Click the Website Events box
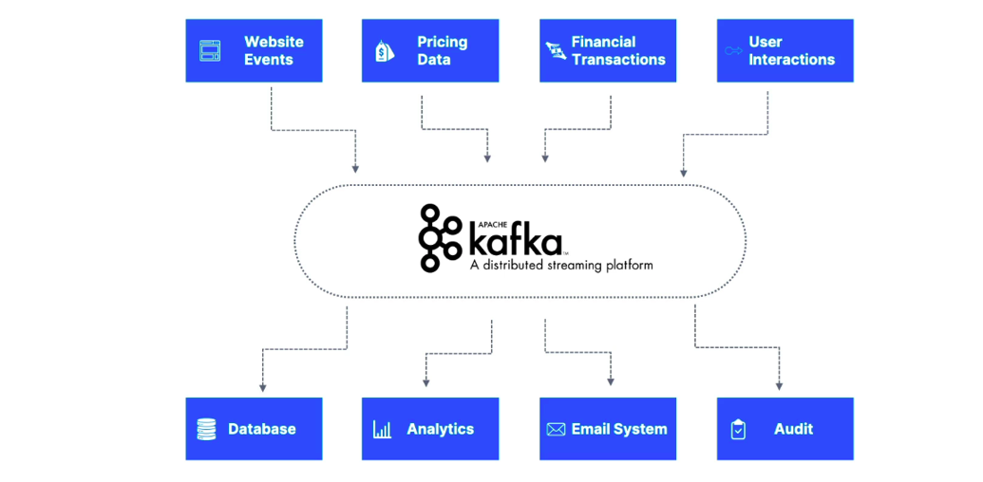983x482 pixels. click(254, 50)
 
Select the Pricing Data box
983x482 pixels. click(430, 50)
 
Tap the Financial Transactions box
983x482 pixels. click(608, 50)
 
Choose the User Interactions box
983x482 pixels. click(785, 50)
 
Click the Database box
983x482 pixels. click(254, 429)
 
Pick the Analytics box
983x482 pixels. click(430, 429)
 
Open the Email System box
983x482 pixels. click(608, 429)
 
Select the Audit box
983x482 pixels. click(785, 429)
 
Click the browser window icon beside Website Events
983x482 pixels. click(210, 50)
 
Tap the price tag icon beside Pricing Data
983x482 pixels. click(385, 50)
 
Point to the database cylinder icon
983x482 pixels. click(206, 429)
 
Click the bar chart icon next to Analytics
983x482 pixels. click(382, 429)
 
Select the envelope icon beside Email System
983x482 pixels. click(556, 430)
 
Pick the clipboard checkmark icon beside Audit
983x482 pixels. click(738, 430)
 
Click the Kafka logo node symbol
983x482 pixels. click(440, 237)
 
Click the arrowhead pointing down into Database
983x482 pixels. click(262, 387)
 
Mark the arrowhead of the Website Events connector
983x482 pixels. click(355, 169)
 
